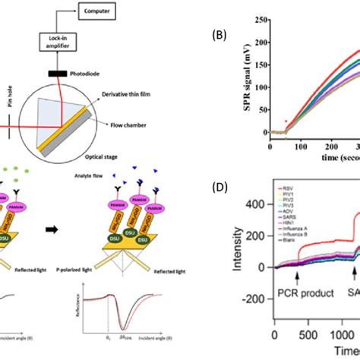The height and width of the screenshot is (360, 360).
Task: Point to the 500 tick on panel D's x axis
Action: pos(312,354)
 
